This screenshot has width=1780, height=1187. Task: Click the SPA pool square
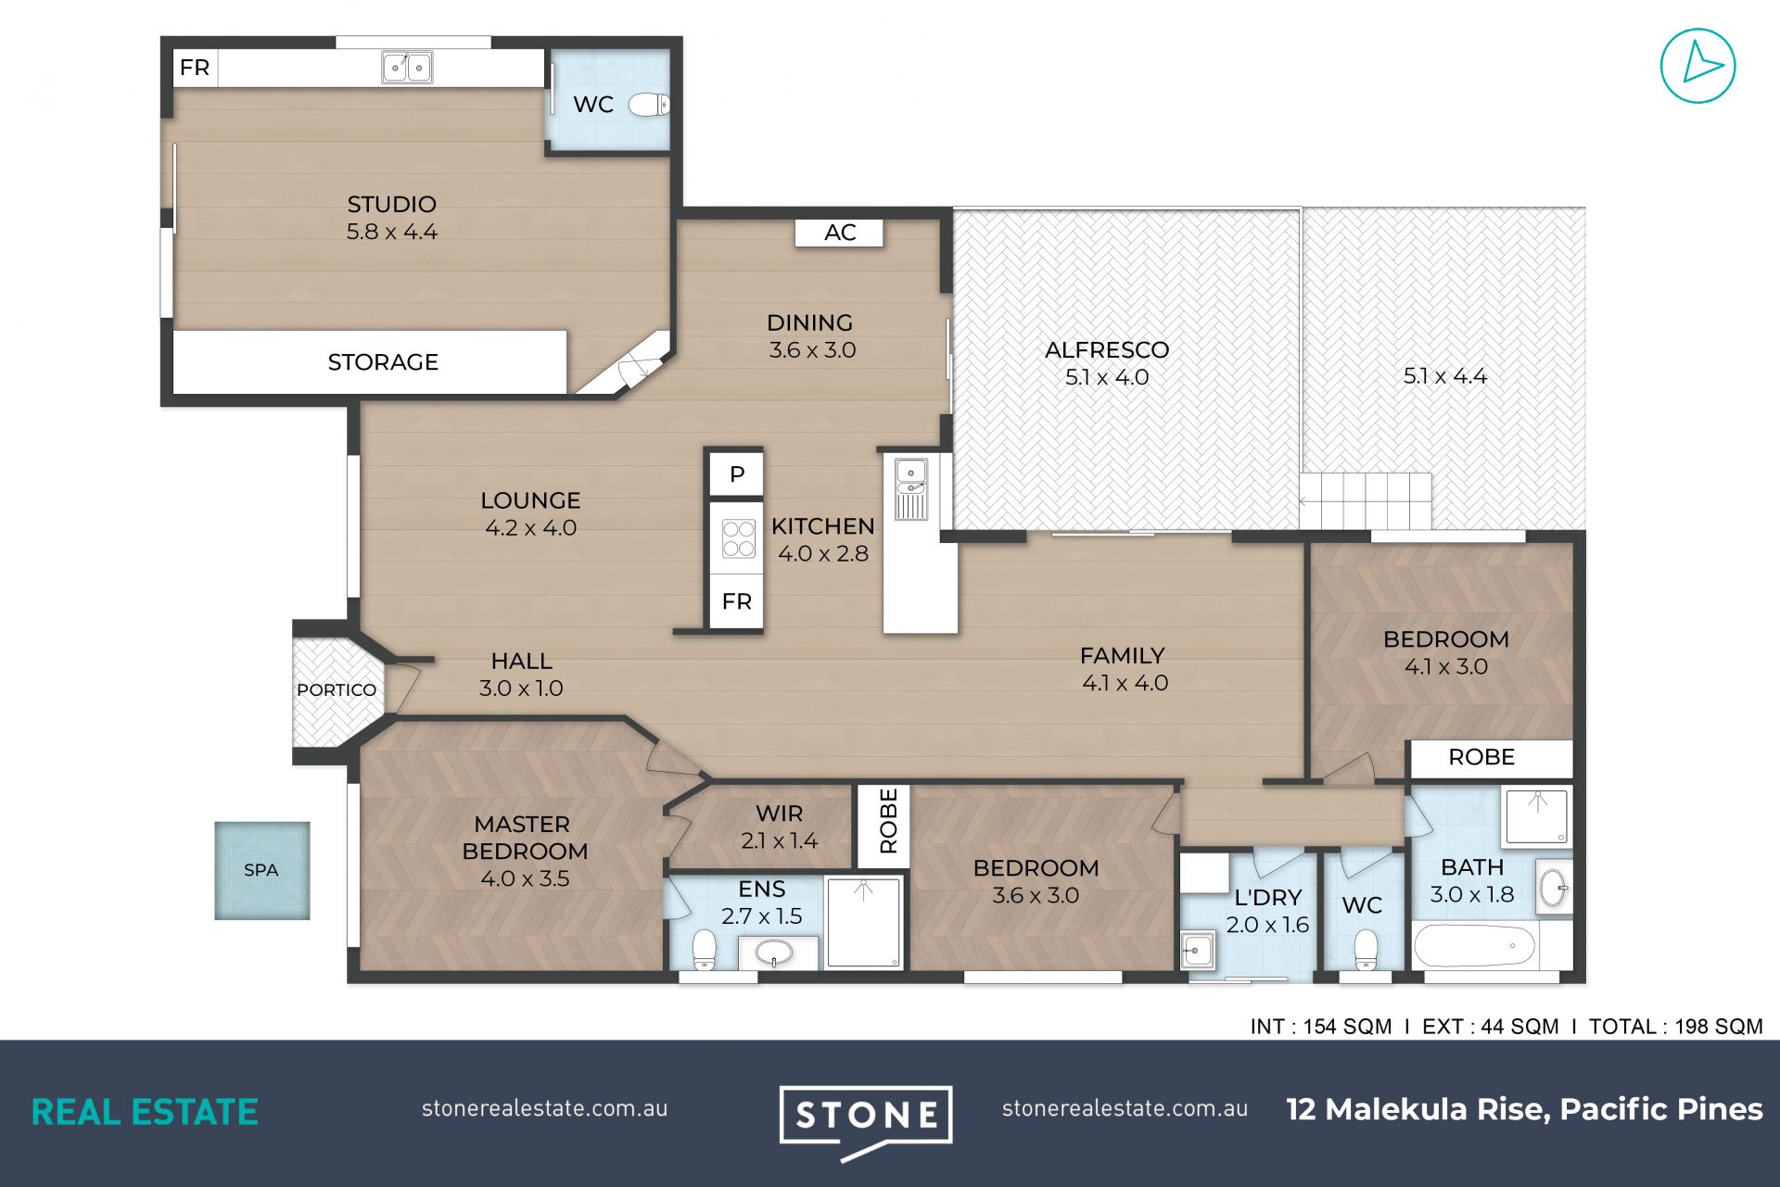[x=262, y=870]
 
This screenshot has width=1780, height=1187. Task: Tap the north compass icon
[x=1697, y=66]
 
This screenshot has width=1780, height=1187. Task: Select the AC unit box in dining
[x=839, y=233]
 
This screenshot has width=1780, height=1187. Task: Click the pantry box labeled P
[x=736, y=474]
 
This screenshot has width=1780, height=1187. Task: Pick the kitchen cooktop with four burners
[x=738, y=538]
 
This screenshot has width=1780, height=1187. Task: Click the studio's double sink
[x=407, y=67]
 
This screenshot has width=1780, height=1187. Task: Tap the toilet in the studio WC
[x=649, y=105]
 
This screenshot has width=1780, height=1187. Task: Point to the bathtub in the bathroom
[x=1473, y=946]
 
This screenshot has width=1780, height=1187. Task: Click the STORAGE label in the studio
[x=383, y=362]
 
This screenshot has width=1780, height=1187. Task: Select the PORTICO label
[x=337, y=690]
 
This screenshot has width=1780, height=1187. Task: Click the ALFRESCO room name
[x=1107, y=350]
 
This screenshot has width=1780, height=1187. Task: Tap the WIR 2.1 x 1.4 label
[x=779, y=827]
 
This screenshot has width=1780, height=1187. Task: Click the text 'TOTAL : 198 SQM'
[x=1675, y=1027]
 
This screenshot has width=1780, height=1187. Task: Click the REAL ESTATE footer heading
[x=145, y=1112]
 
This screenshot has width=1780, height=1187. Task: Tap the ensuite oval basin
[x=773, y=952]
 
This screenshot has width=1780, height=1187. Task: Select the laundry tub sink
[x=1197, y=950]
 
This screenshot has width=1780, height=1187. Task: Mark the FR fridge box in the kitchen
[x=736, y=601]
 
